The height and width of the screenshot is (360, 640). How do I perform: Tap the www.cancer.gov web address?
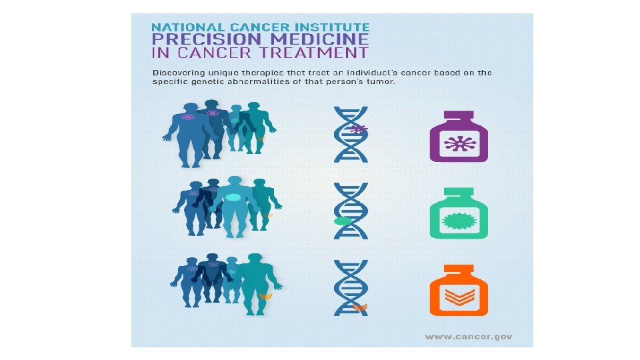coord(469,337)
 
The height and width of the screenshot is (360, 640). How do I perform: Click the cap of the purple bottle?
coord(459,116)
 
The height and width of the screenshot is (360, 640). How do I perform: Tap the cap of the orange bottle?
coord(459,269)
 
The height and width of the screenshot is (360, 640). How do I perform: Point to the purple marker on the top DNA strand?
coord(359,129)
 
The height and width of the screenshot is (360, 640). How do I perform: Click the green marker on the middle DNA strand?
coord(342,221)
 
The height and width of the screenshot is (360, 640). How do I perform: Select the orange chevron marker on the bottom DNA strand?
coord(360,307)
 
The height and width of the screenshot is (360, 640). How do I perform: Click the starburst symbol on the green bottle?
coord(459,221)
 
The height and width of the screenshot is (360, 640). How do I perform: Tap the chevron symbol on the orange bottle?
coord(459,297)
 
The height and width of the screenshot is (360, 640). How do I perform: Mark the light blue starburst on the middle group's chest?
coord(233,198)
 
